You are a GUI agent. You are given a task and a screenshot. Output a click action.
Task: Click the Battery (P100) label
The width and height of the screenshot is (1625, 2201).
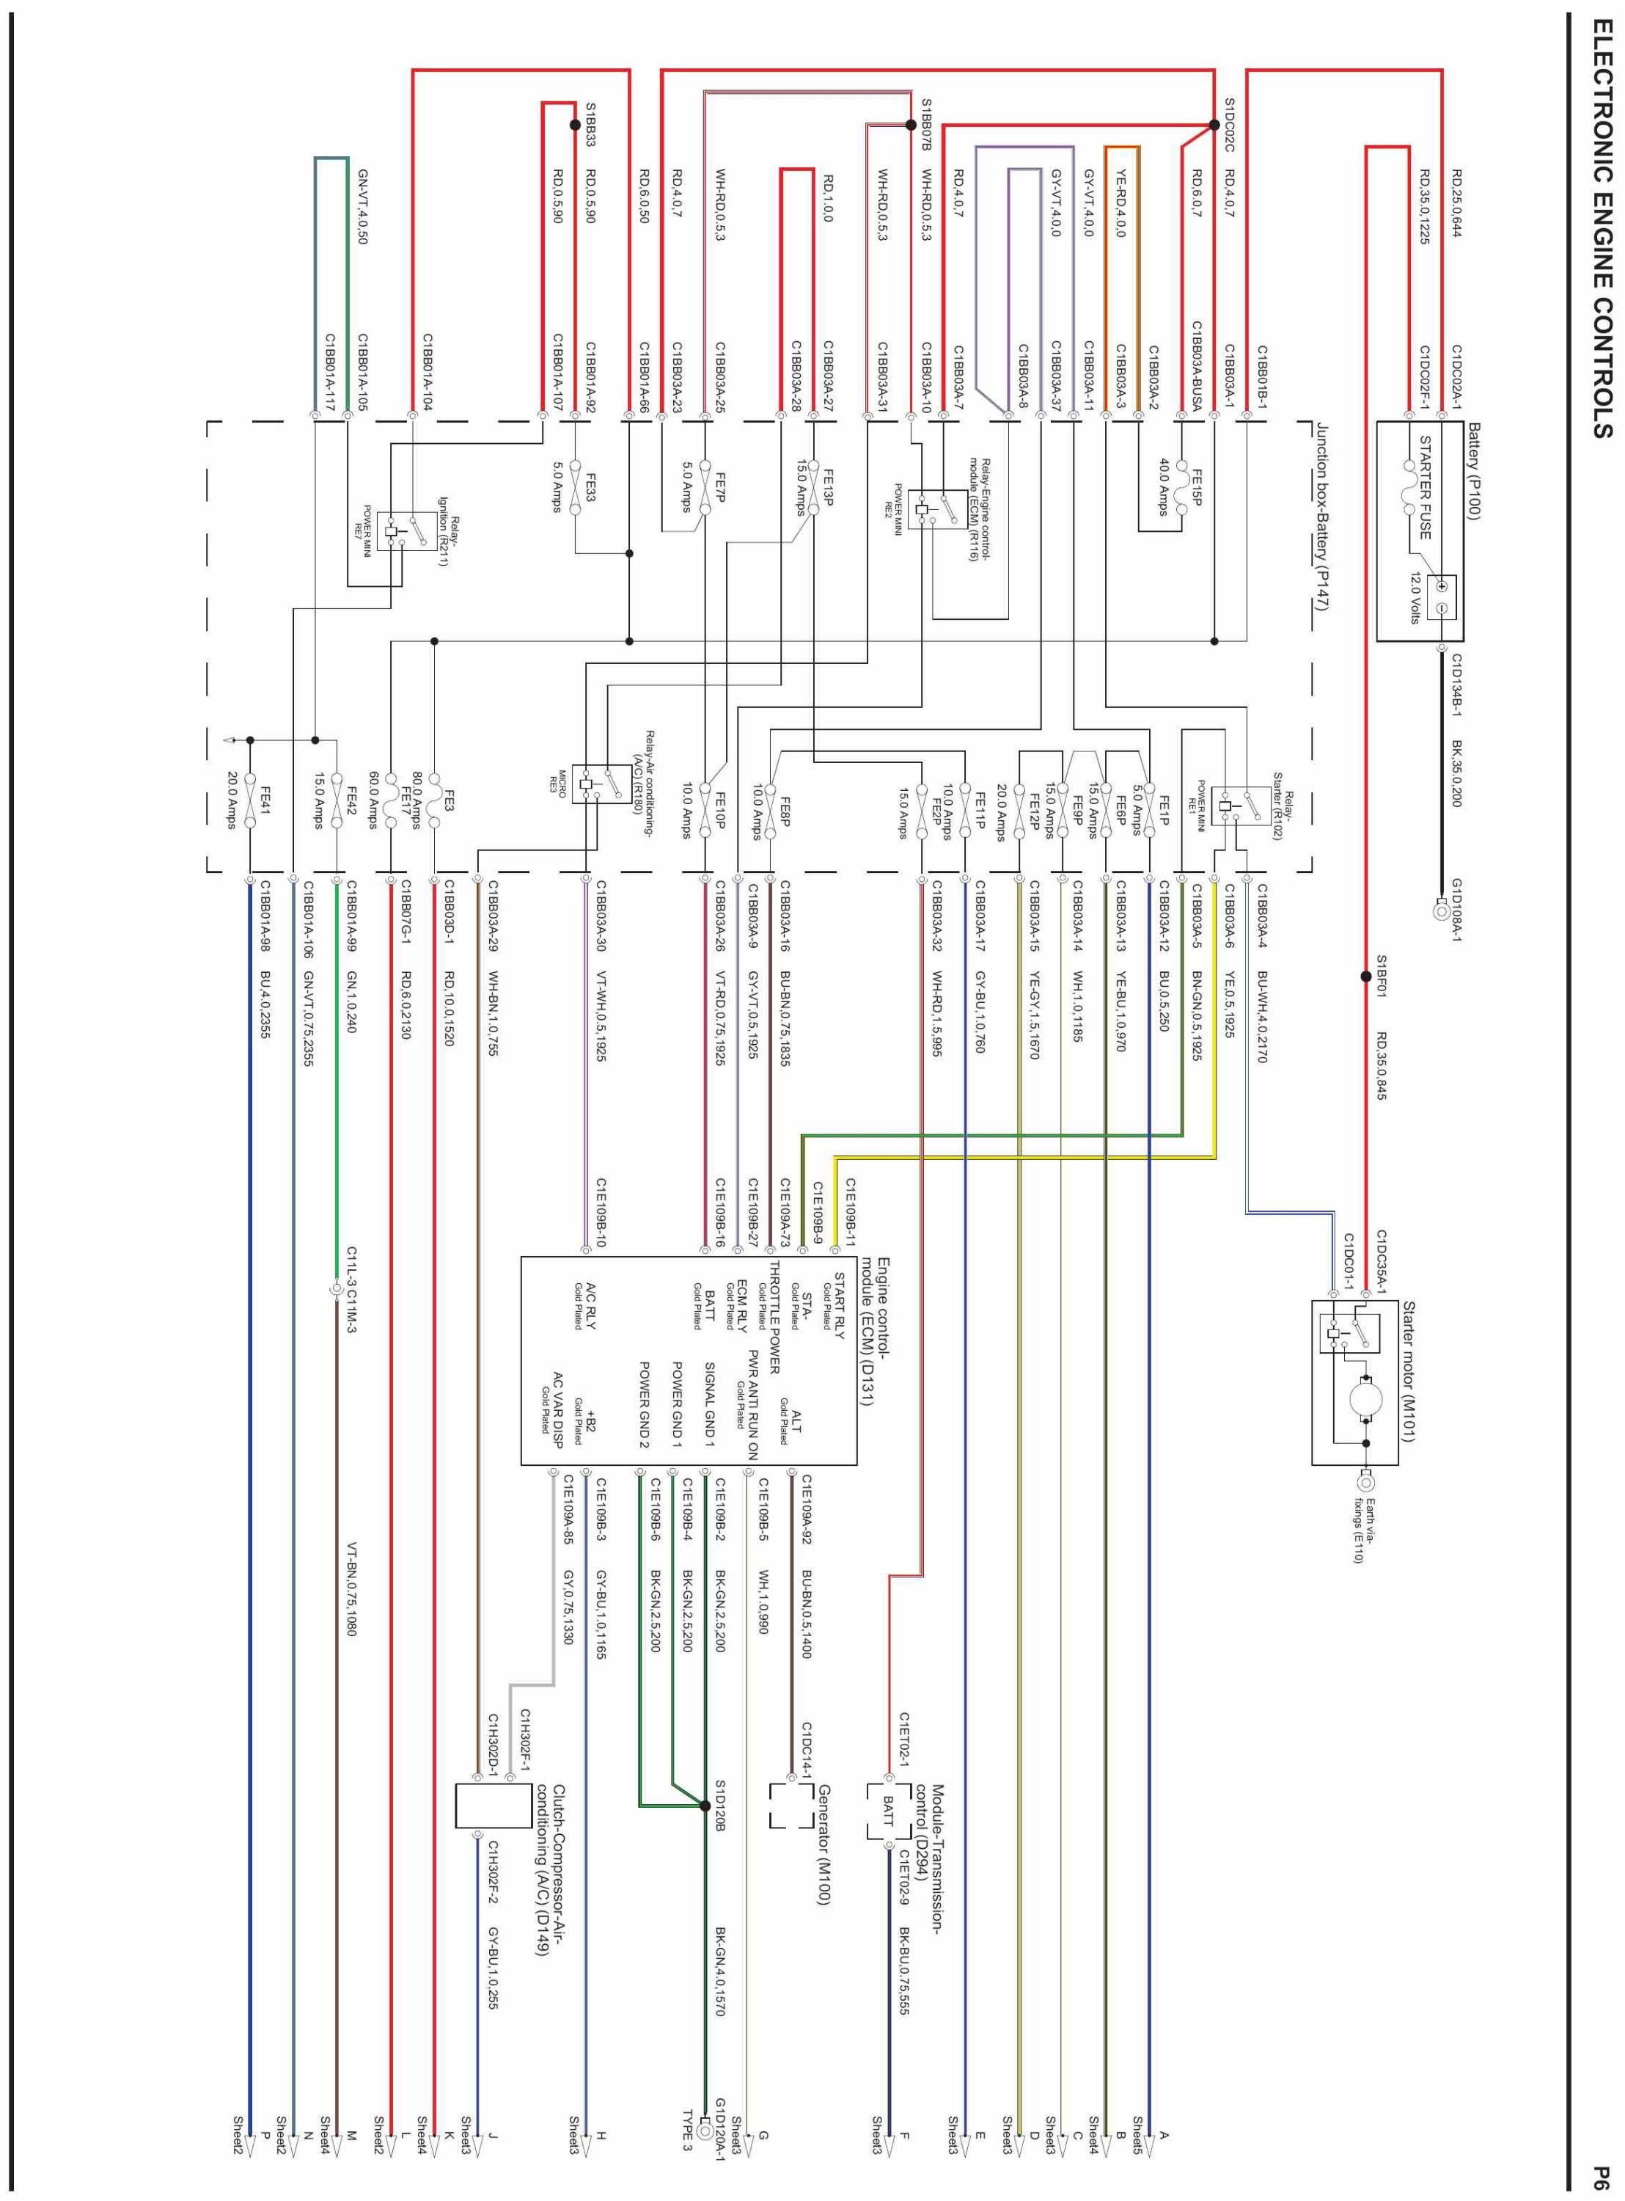(x=1473, y=470)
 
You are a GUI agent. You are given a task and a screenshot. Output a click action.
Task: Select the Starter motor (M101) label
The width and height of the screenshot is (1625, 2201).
(x=1409, y=1371)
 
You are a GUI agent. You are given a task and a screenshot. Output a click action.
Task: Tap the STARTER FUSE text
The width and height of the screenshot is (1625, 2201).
(x=1424, y=488)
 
